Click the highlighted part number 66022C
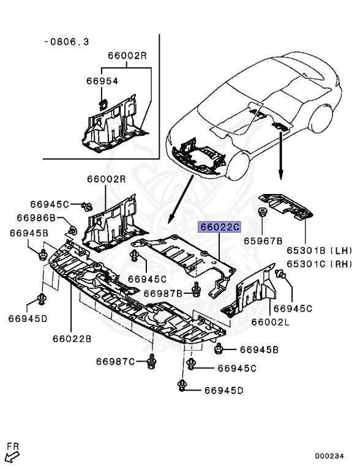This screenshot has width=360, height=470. click(219, 227)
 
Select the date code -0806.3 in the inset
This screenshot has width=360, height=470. click(67, 42)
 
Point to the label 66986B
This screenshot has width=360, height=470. click(36, 218)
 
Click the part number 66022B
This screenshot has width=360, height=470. click(72, 337)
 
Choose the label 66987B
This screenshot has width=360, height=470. click(163, 293)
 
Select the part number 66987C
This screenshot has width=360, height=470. click(115, 362)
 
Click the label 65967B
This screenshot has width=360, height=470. click(263, 241)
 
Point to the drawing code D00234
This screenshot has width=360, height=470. click(334, 456)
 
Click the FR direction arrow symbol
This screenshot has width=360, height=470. click(12, 453)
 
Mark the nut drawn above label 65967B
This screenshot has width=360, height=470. click(263, 214)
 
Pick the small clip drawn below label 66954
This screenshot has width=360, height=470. click(104, 102)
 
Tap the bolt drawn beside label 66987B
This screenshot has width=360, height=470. click(197, 290)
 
